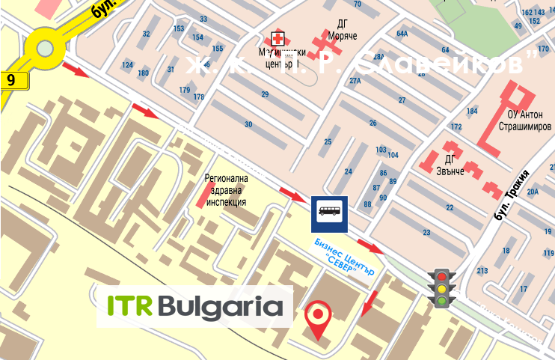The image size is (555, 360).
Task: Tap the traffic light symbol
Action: click(x=442, y=287)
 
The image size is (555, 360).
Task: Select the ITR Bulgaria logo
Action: click(x=195, y=306)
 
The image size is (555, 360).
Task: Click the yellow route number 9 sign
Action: click(x=12, y=79)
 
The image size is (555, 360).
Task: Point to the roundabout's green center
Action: click(x=46, y=49)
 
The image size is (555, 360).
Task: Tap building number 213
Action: click(x=482, y=270)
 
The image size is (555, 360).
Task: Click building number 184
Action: click(x=471, y=111)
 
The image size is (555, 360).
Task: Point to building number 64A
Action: click(x=402, y=34)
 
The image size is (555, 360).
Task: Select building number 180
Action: click(x=143, y=73)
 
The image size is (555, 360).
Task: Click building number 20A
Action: click(x=533, y=192)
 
